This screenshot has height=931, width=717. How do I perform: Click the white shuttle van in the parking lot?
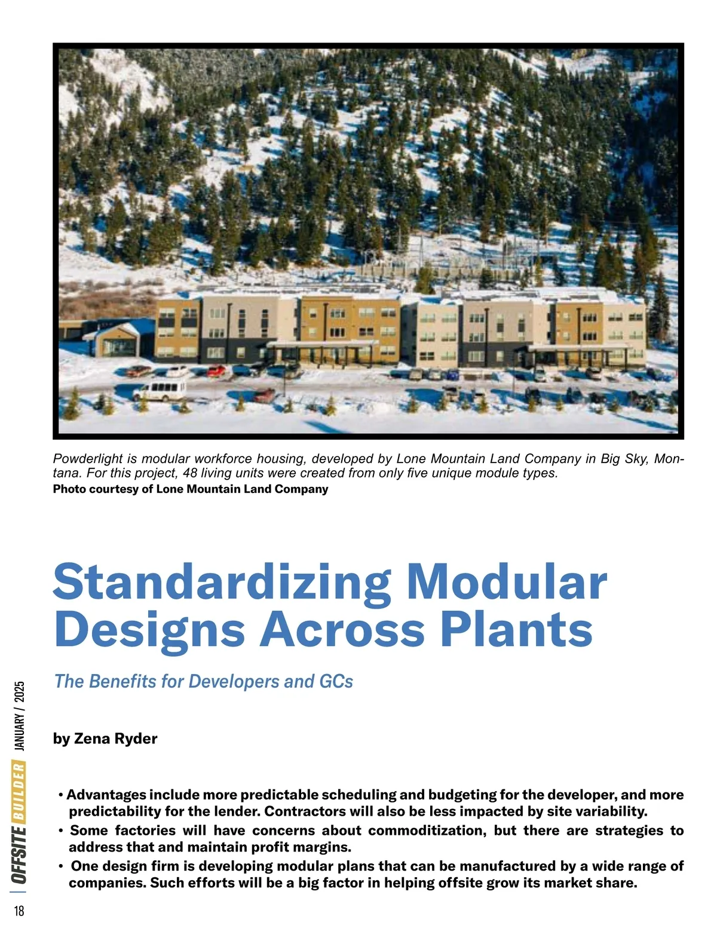tap(159, 390)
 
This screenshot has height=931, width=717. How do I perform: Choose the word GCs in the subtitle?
tap(336, 681)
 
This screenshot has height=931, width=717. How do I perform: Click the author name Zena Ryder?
tap(115, 739)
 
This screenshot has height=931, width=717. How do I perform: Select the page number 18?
tap(19, 911)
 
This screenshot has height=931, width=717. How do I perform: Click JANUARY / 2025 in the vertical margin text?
tap(19, 716)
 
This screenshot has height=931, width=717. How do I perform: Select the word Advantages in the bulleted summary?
tap(106, 795)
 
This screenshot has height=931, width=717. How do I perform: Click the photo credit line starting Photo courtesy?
tap(191, 489)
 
